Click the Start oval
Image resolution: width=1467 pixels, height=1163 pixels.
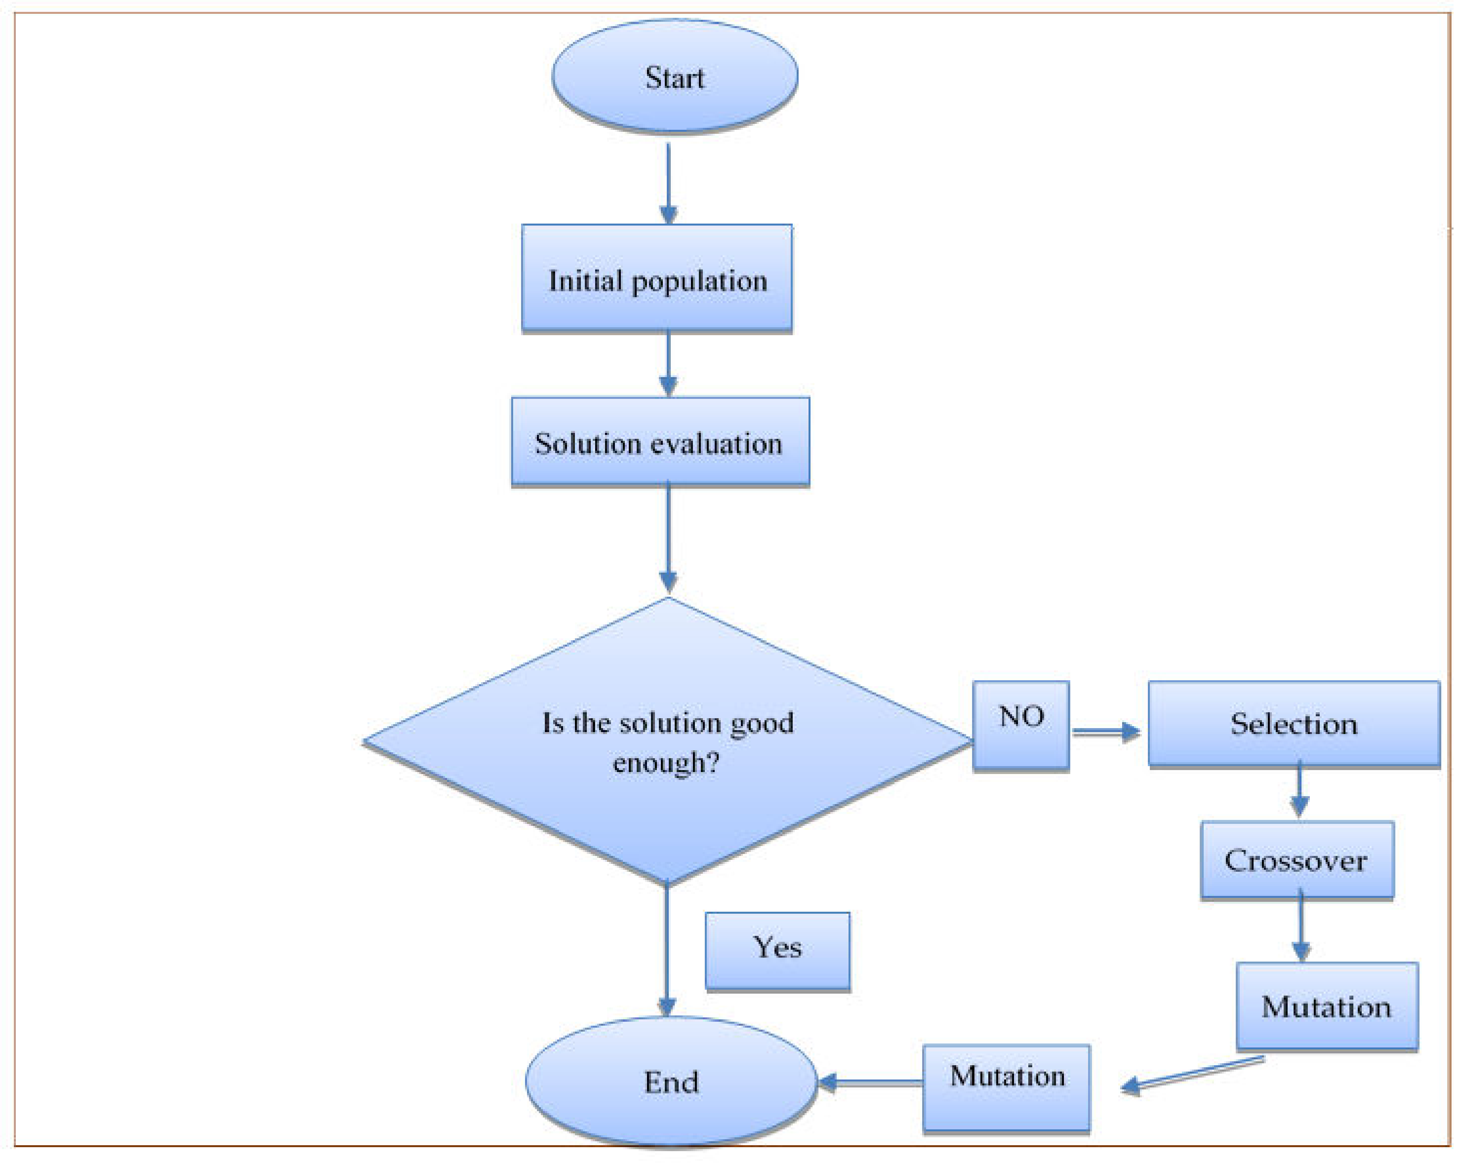click(674, 76)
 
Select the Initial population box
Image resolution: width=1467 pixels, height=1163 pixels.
click(656, 279)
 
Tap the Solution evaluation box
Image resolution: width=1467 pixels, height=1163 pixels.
click(659, 442)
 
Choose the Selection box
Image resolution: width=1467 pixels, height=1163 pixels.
click(1294, 724)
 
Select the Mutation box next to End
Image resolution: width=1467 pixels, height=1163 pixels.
click(1007, 1087)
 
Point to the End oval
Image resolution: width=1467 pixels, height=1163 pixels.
click(671, 1081)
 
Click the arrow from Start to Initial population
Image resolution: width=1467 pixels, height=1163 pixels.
click(668, 184)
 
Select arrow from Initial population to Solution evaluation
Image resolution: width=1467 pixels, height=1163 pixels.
click(668, 364)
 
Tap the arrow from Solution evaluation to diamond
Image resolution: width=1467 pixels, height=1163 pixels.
click(668, 537)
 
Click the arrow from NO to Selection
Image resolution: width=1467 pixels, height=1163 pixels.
click(1105, 731)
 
